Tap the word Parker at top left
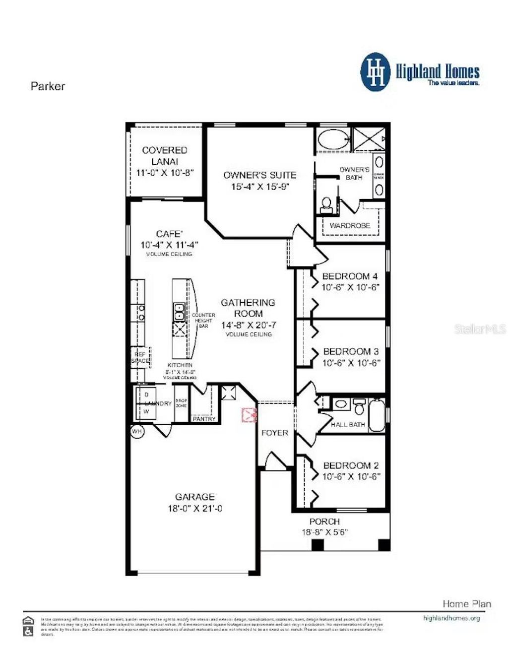(x=48, y=86)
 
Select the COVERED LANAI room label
(x=165, y=155)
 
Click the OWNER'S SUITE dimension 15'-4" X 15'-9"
(x=260, y=187)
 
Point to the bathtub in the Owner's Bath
(x=333, y=139)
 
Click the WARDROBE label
(x=350, y=225)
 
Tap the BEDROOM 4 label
(x=350, y=276)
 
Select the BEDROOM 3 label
(x=351, y=351)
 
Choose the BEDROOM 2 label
(x=351, y=465)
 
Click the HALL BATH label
(x=348, y=425)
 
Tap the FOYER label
(x=275, y=433)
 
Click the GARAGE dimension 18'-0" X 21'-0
(x=195, y=508)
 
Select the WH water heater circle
(x=137, y=432)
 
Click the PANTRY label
(x=204, y=419)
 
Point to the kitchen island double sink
(x=179, y=312)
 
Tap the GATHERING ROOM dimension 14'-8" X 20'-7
(x=249, y=325)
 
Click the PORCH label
(x=324, y=522)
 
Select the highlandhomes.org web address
(x=451, y=618)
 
